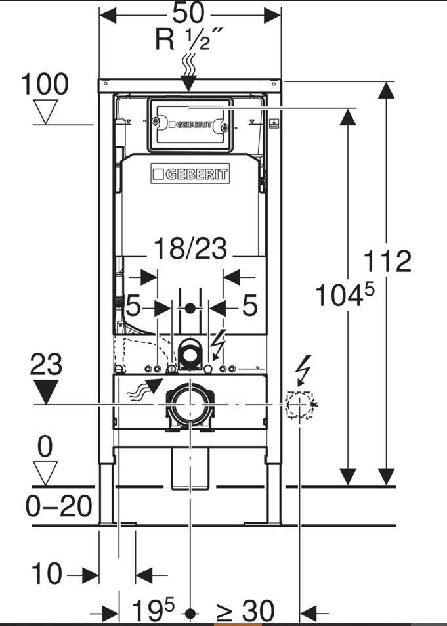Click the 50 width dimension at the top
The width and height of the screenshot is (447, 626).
tap(189, 12)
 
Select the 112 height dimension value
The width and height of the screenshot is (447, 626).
tap(387, 261)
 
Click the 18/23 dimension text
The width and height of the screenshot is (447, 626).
tap(190, 250)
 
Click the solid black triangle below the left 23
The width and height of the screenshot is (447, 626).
tap(45, 393)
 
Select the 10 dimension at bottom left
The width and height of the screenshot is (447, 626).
tap(47, 575)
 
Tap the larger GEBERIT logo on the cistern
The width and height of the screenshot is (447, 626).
tap(190, 174)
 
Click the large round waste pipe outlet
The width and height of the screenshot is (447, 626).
tap(188, 404)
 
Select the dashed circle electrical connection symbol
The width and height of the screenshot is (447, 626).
tap(299, 405)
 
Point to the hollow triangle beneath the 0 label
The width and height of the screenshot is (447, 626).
tap(45, 472)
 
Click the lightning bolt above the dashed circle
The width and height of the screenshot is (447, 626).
tap(303, 371)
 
